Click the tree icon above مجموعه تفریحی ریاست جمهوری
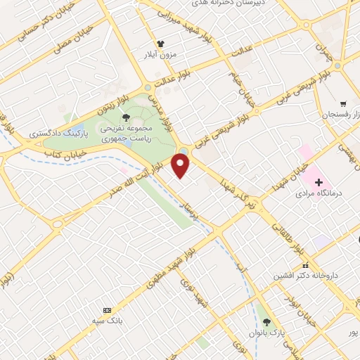(126, 117)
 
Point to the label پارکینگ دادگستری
(55, 133)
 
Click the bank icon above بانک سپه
(107, 310)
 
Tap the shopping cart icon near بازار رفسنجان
(343, 103)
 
